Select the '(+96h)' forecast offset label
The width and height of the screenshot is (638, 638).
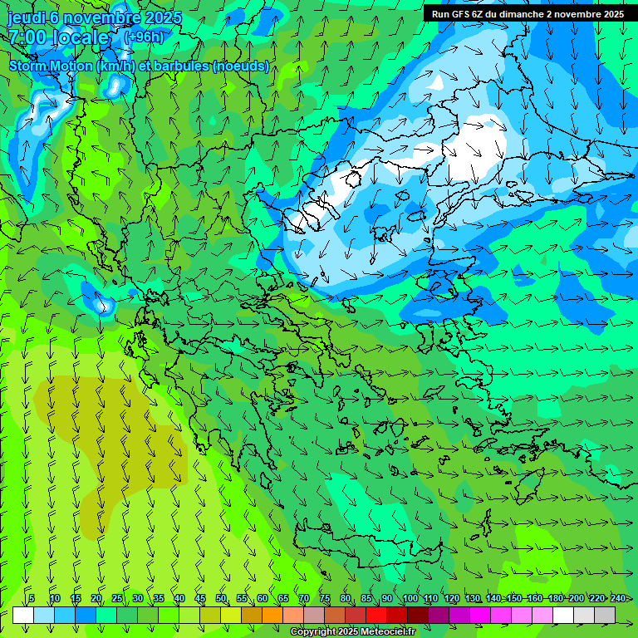[144, 37]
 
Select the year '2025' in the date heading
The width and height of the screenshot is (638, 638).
[160, 17]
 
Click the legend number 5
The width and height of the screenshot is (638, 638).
[32, 598]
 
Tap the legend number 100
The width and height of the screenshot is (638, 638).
[410, 598]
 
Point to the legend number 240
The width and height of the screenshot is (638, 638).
[618, 598]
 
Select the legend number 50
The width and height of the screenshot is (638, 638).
[221, 598]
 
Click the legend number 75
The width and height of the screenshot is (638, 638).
[325, 598]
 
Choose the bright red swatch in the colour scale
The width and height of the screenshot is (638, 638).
[376, 615]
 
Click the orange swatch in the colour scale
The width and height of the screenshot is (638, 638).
[272, 615]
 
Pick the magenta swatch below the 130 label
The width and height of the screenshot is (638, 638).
[480, 615]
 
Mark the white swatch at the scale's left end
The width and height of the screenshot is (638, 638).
[23, 615]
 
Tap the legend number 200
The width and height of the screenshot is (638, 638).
[577, 598]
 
